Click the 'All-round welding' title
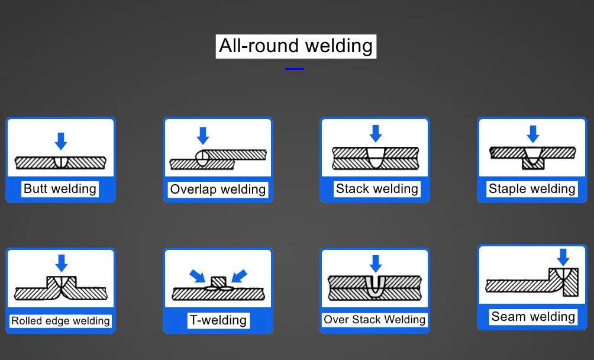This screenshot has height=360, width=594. [296, 46]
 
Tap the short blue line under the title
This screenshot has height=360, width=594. [295, 69]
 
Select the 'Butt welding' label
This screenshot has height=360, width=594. [60, 188]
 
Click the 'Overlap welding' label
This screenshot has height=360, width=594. [218, 189]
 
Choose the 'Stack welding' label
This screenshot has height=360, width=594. [377, 188]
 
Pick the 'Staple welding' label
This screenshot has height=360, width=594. [532, 188]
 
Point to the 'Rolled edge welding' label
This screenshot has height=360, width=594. [60, 320]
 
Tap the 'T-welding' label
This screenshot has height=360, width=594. [218, 320]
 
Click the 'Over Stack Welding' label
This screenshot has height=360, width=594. [375, 320]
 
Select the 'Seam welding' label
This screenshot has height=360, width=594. [533, 316]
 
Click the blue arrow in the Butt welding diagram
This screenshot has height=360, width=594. [61, 141]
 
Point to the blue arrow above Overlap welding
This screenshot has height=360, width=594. [203, 136]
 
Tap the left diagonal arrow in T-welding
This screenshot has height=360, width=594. [198, 276]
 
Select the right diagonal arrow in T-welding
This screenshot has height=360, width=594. [239, 276]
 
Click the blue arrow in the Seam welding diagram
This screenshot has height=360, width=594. [563, 258]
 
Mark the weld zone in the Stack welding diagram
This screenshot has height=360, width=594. [376, 157]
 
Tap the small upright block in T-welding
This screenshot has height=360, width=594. [218, 282]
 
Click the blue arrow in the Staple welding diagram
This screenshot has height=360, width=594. [533, 134]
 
